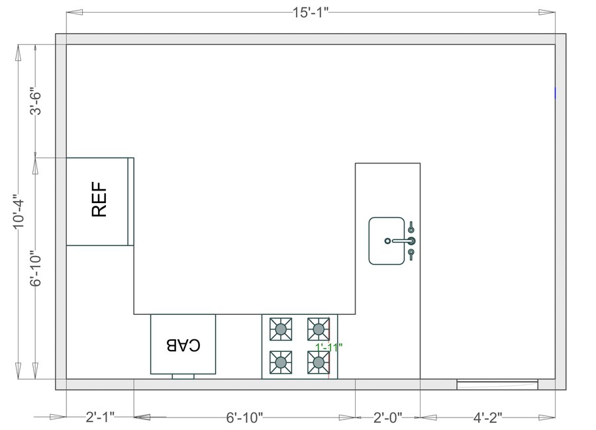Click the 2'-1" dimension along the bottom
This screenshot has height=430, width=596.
coord(100,417)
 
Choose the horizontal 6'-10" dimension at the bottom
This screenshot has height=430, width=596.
coord(244,417)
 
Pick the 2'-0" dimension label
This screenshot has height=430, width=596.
coord(387,417)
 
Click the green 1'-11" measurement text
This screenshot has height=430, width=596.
coord(328,347)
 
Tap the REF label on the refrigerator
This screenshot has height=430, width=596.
coord(99,201)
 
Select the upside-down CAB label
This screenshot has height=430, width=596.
coord(183,345)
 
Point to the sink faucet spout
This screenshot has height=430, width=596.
coord(401,241)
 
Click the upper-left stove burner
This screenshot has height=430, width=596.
coord(281,328)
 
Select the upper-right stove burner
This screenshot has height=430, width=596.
coord(319,328)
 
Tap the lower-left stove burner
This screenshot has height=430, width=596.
coord(281,362)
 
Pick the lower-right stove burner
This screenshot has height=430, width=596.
coord(319,362)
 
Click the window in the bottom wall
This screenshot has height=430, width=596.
coord(497,384)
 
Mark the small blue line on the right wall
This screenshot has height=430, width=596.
coord(555,93)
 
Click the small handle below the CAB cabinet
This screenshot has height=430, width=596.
coord(183,376)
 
